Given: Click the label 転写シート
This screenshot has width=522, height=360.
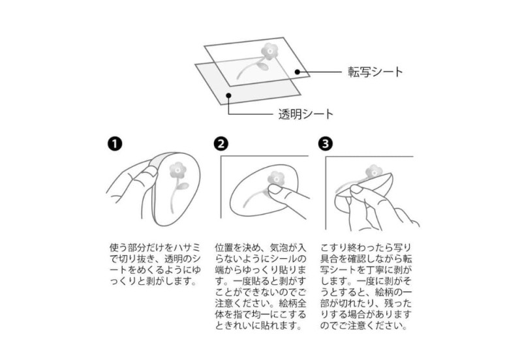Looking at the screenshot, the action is tap(375, 72).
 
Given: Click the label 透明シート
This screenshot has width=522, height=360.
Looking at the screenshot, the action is tap(305, 114).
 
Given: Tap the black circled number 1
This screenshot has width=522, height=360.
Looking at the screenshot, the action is tap(115, 144).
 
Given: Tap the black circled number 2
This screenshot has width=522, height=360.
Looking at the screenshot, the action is tap(221, 143).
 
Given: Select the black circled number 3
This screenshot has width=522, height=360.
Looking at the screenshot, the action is tap(325, 143).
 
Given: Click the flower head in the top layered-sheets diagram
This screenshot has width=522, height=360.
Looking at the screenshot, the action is tap(269, 52).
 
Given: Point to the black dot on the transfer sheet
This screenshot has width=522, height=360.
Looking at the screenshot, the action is tap(298, 72).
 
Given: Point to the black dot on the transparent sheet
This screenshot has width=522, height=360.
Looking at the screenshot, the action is tap(228, 95).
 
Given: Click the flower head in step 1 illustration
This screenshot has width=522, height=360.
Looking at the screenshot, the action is tap(177, 170).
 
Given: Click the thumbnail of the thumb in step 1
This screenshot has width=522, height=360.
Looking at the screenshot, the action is tap(150, 172).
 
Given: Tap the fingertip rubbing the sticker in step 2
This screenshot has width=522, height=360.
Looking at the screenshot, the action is tap(275, 190).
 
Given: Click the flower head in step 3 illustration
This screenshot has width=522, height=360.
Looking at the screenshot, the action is tap(374, 172).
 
